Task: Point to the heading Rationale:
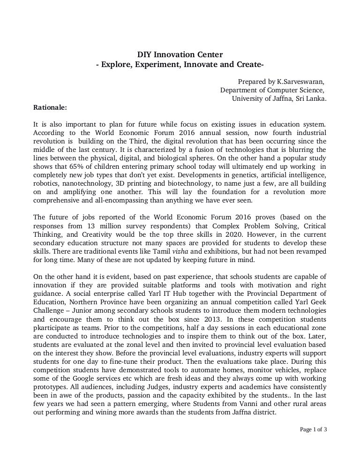pos(50,107)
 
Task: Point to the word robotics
pos(46,183)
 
